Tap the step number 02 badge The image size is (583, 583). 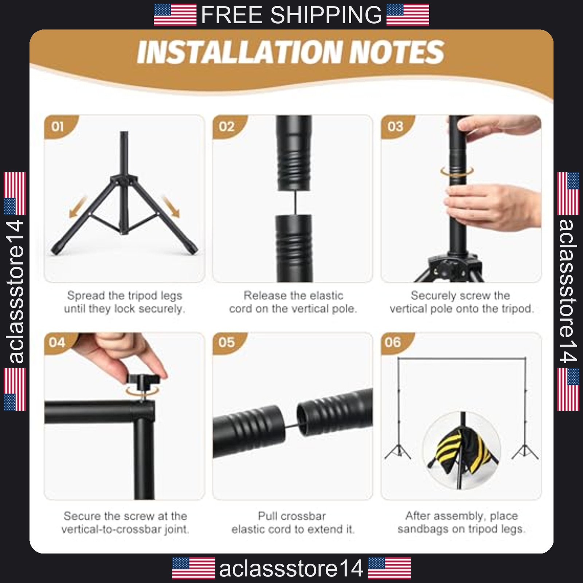227,126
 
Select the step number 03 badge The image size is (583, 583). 395,126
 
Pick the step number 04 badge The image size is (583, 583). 58,343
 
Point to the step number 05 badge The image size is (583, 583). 227,343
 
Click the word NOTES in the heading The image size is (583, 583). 398,52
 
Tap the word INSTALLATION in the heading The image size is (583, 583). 240,52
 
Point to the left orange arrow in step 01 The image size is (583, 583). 78,207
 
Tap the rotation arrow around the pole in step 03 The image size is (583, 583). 457,171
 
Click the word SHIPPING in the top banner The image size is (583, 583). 326,15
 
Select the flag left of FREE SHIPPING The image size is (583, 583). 175,15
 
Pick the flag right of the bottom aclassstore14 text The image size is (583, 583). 390,568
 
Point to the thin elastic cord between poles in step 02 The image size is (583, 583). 294,203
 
